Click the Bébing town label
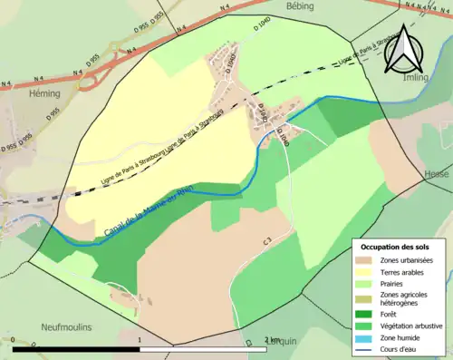[298, 6]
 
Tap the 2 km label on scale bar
[272, 340]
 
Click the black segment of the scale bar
[76, 349]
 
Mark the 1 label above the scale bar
[140, 340]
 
